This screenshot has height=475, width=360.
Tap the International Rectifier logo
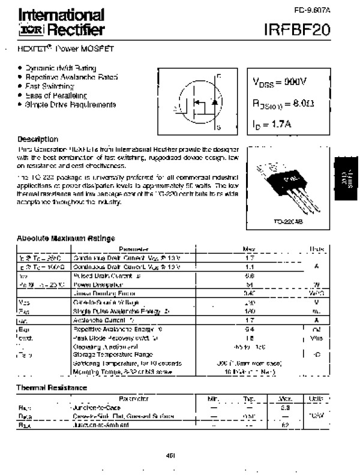point(61,22)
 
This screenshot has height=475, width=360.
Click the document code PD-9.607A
point(311,10)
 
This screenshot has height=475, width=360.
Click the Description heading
point(38,139)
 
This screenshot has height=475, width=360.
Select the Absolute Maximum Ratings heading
point(66,238)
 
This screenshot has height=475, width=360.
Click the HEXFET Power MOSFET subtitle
point(65,47)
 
